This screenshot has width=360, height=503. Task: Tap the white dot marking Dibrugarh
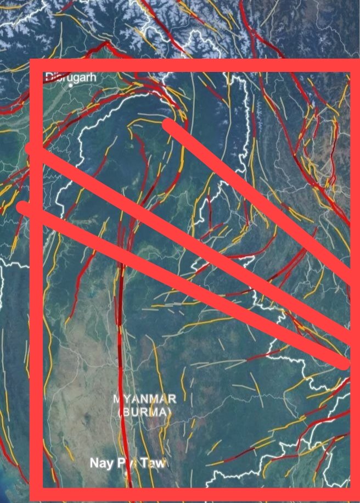[71, 86]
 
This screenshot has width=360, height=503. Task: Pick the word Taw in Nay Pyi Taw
[154, 464]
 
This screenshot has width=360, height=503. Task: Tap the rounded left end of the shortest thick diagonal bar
[169, 125]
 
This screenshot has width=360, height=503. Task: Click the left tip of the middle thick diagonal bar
[32, 149]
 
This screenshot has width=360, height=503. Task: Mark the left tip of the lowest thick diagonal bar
[23, 208]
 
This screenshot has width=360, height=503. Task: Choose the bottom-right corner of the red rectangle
[355, 494]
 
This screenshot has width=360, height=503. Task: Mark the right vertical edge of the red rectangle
[355, 220]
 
